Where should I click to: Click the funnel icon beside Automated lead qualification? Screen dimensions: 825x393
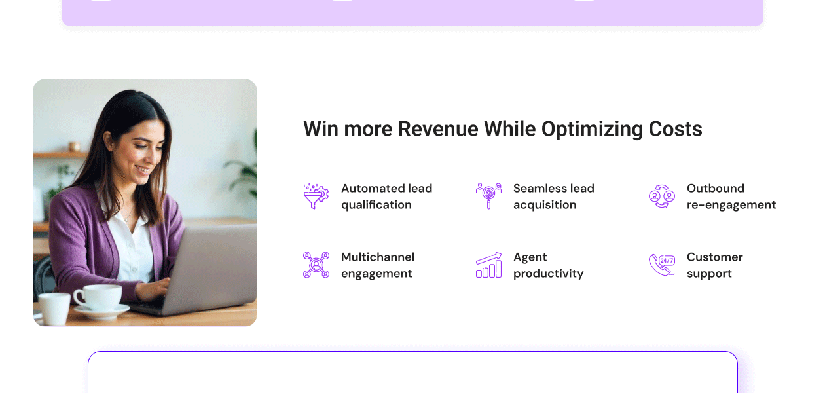tap(316, 196)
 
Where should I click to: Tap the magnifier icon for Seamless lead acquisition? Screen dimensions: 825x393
tap(488, 196)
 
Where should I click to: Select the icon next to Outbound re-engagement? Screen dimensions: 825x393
tap(661, 196)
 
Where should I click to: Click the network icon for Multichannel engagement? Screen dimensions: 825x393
tap(316, 265)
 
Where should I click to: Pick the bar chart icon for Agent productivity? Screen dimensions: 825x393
tap(488, 265)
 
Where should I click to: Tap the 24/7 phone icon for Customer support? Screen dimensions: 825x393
tap(661, 265)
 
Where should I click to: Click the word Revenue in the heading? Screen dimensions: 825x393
tap(438, 129)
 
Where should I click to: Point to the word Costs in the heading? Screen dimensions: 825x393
tap(675, 129)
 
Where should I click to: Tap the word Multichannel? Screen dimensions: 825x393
tap(378, 257)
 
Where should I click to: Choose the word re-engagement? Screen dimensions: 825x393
tap(731, 205)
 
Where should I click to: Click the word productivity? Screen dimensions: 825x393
tap(548, 274)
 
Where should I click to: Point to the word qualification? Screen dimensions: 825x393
tap(376, 205)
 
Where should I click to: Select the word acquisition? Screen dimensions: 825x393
tap(545, 205)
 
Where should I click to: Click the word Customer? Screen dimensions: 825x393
tap(714, 257)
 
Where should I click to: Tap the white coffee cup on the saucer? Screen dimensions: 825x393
tap(98, 297)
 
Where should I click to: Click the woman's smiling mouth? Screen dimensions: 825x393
tap(143, 169)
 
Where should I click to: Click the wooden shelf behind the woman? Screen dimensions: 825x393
tap(60, 155)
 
